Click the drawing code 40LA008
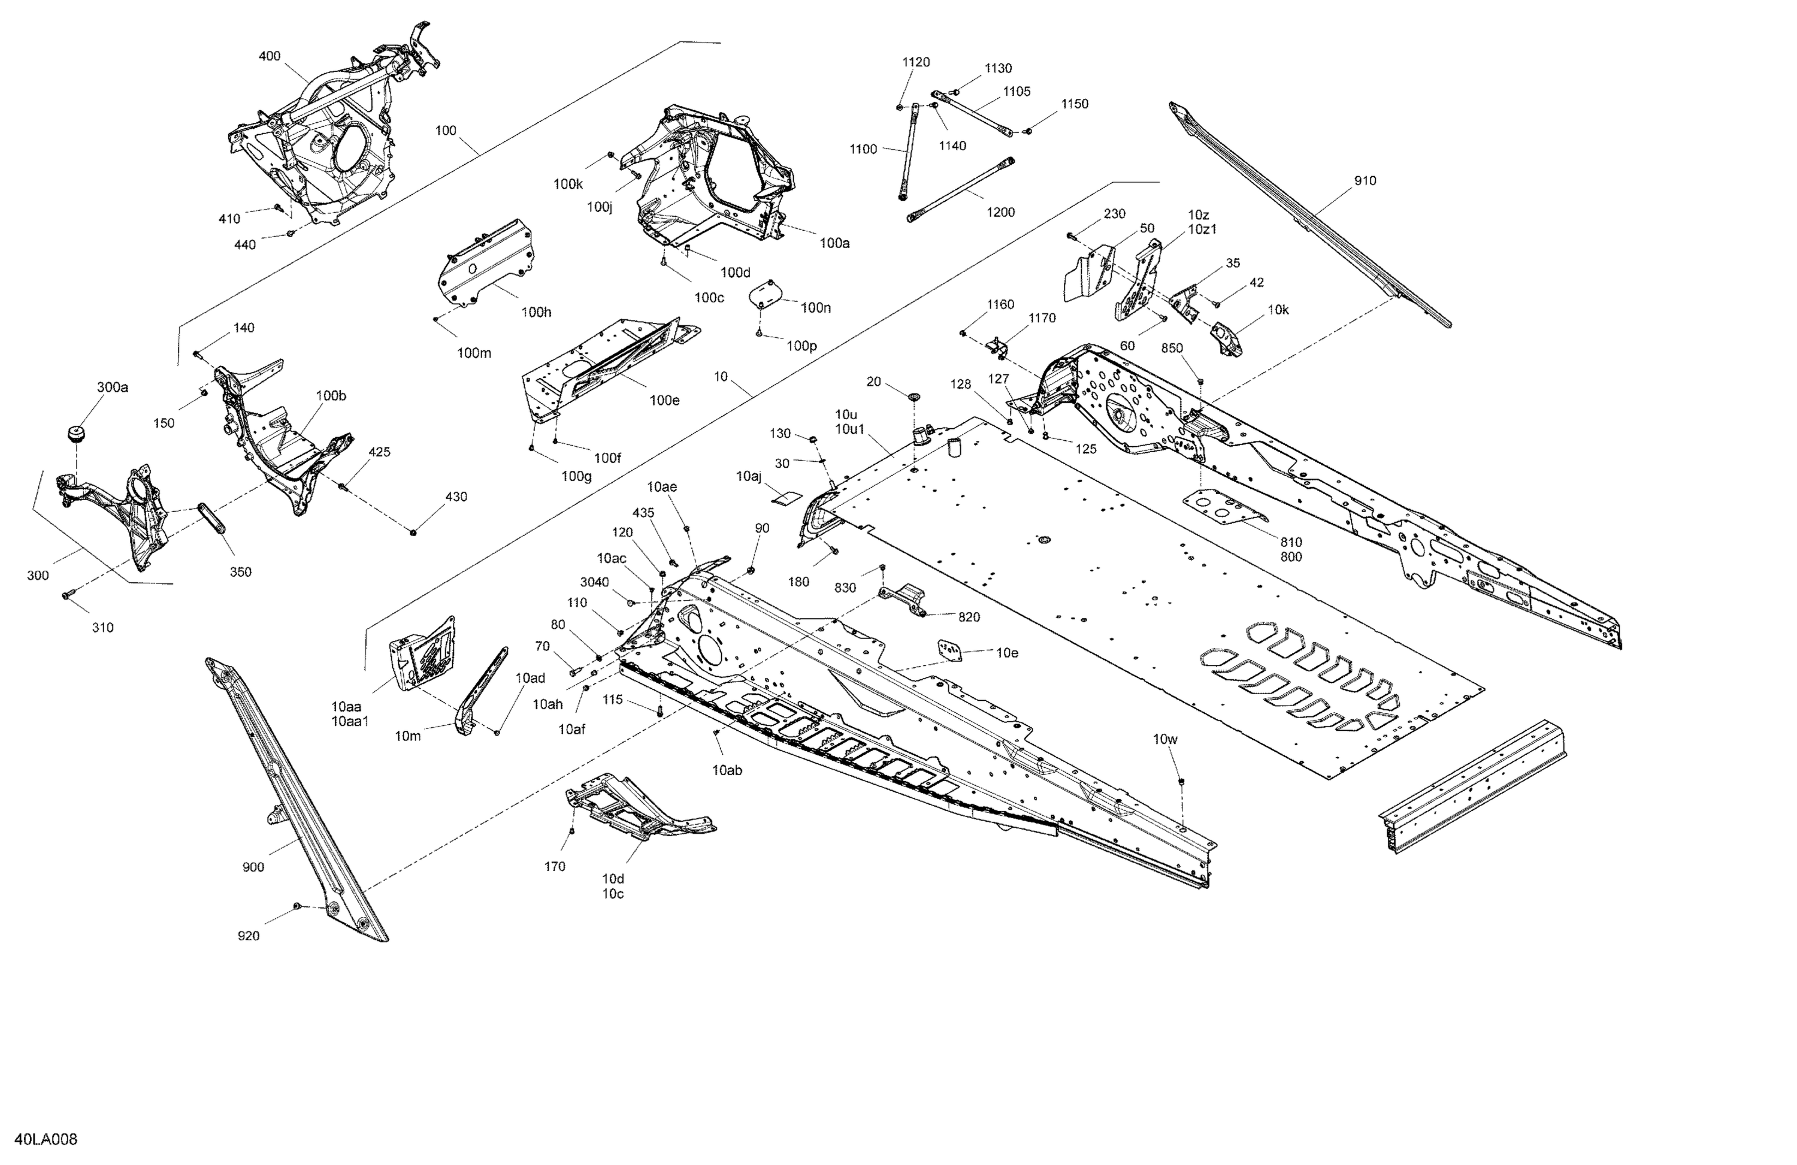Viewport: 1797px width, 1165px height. coord(46,1139)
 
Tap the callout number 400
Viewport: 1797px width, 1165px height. coord(270,56)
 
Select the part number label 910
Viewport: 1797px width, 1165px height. coord(1365,180)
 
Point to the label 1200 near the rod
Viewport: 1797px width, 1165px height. coord(1000,212)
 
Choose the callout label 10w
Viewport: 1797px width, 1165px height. coord(1165,739)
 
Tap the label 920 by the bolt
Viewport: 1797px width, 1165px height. coord(249,936)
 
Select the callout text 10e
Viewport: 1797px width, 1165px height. coord(1008,652)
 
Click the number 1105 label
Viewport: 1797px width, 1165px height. coord(1017,92)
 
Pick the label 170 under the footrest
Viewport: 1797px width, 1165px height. coord(555,867)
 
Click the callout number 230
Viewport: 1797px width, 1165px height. coord(1115,214)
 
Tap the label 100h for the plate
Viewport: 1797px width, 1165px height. coord(536,312)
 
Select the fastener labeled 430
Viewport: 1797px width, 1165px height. coord(414,533)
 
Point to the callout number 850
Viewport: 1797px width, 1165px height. coord(1172,348)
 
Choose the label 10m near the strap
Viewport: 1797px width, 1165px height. coord(408,736)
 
